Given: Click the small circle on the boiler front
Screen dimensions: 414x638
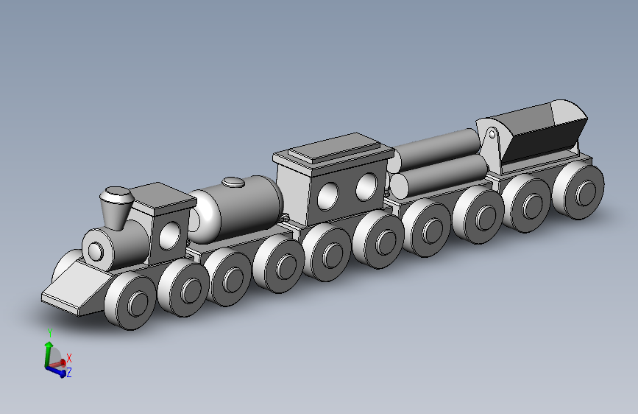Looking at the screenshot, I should [96, 252].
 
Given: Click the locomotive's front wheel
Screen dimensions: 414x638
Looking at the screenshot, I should [131, 301].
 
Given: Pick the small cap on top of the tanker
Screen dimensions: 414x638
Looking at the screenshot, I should [233, 181].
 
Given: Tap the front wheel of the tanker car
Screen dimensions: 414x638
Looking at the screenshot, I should [230, 278].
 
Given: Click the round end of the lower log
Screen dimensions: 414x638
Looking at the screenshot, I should [398, 185].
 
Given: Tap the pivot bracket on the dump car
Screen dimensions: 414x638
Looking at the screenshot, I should [491, 138].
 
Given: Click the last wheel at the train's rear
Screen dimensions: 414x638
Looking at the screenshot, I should [579, 192].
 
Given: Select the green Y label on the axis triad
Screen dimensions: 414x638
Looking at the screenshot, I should [49, 333].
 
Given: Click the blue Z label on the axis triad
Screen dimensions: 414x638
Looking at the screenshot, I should [68, 373].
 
